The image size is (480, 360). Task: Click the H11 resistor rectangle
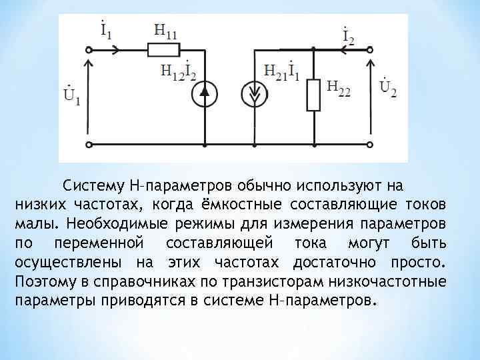pos(161,49)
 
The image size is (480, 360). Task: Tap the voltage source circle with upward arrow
pos(205,96)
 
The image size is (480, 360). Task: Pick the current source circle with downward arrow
pos(256,96)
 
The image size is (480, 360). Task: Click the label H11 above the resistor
pos(165,32)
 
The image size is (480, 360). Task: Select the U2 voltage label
pos(387,87)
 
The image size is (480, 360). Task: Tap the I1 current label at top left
pos(106,29)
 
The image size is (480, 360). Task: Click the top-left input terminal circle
pos(89,49)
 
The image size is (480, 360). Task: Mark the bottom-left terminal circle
pos(89,143)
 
